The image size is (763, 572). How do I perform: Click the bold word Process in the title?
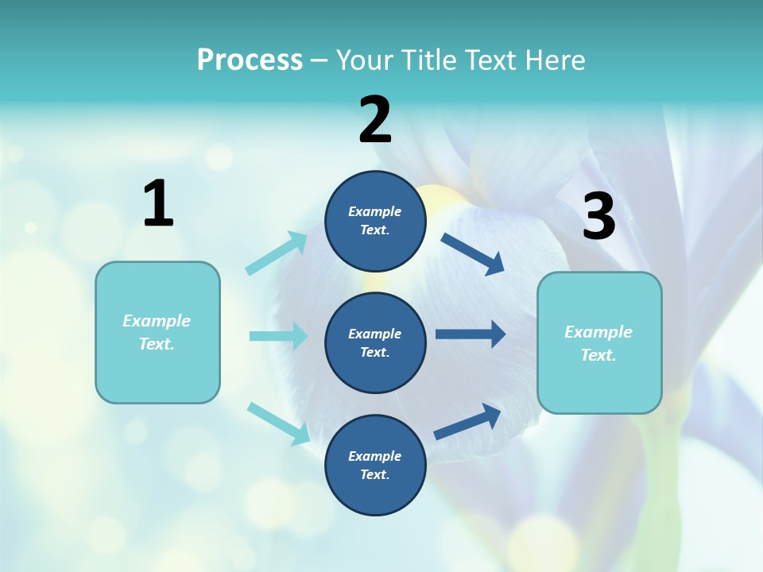(x=250, y=60)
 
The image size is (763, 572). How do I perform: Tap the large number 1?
(x=158, y=204)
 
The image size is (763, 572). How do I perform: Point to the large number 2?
(x=375, y=121)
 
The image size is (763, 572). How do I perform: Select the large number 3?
(x=598, y=217)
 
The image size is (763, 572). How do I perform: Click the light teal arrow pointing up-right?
(x=277, y=253)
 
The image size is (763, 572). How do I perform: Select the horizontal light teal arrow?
(x=278, y=336)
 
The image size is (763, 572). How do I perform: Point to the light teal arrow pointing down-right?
(x=278, y=423)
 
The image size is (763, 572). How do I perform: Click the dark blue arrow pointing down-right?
(x=473, y=254)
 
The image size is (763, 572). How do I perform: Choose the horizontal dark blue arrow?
(x=471, y=334)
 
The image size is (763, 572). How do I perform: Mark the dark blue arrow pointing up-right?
(x=467, y=422)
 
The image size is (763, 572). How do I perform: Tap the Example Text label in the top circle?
(x=375, y=221)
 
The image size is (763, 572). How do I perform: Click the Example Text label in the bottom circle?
(x=375, y=466)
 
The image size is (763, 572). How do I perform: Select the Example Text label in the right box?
(x=599, y=343)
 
